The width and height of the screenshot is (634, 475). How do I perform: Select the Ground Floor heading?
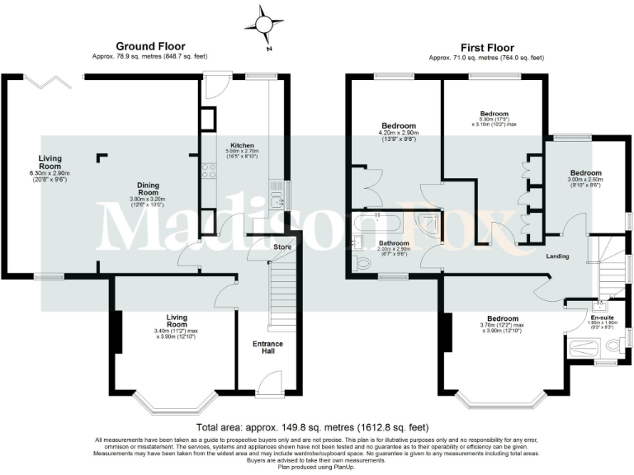coord(150,46)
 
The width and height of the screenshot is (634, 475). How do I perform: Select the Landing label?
coord(558,256)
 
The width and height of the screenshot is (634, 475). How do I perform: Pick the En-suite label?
coord(601,317)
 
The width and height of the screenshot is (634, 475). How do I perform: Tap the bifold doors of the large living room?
coord(56,80)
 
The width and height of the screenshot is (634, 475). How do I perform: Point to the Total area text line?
coord(313,427)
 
